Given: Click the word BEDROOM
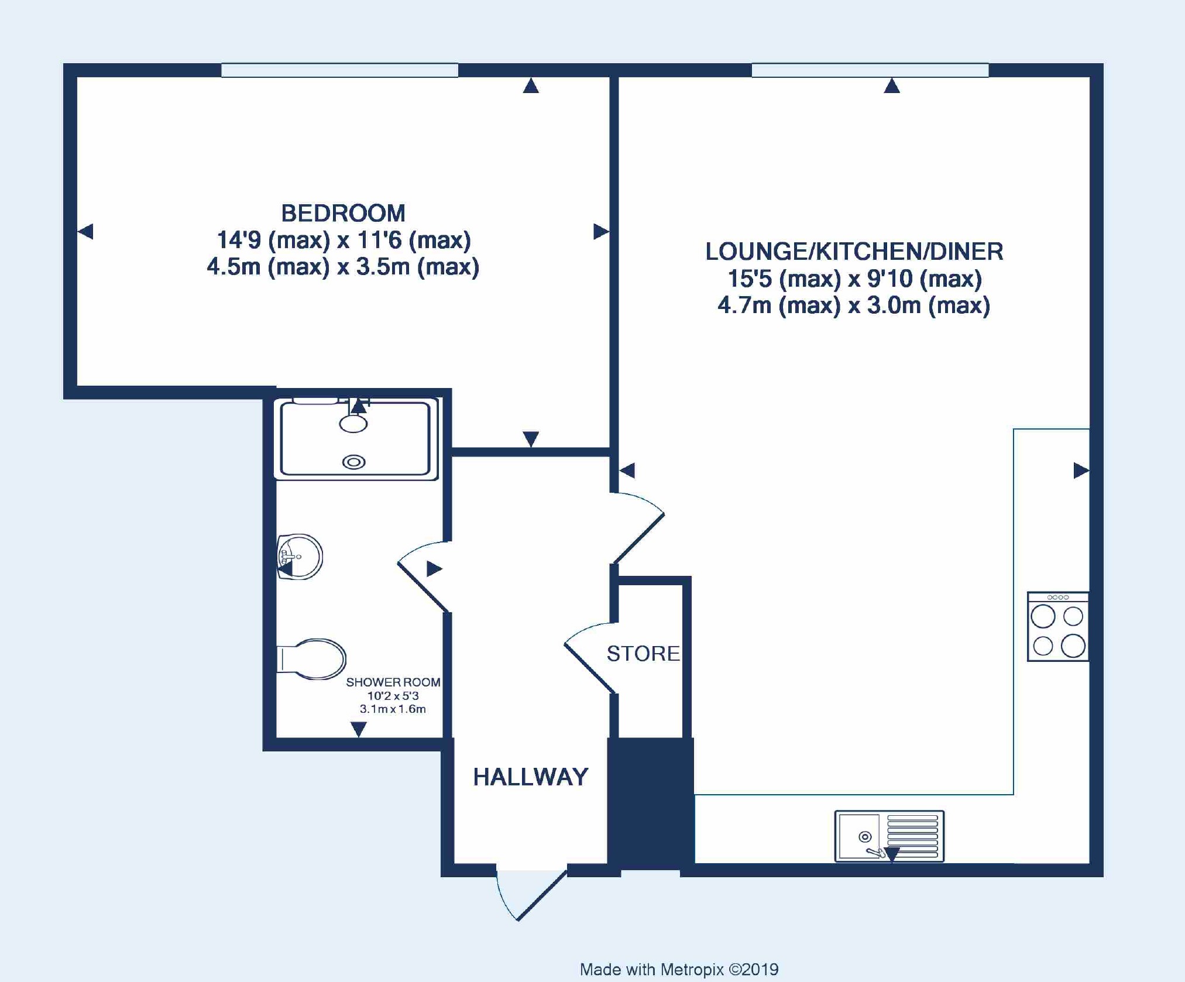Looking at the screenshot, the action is (x=343, y=213).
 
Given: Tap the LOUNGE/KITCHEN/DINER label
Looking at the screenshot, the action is (x=854, y=252).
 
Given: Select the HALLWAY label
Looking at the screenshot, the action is (x=531, y=777).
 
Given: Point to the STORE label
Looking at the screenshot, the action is (x=643, y=653).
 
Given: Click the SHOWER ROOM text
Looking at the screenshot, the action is (x=393, y=682).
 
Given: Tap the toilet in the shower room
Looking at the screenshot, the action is (x=311, y=659).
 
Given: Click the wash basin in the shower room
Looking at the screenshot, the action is (x=300, y=557).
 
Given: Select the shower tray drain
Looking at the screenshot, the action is (x=353, y=462).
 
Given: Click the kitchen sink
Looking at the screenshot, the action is (x=889, y=836).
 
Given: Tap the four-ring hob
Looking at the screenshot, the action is (x=1058, y=627).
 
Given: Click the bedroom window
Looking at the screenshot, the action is (x=339, y=70).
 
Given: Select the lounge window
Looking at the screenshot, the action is (x=870, y=70).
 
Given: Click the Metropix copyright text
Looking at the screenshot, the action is (x=679, y=969).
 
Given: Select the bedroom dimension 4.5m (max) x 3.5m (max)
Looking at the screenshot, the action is (x=343, y=267).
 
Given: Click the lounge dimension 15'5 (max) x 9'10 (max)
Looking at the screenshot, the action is (x=854, y=279).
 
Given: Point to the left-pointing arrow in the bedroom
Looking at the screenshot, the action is (x=85, y=231).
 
